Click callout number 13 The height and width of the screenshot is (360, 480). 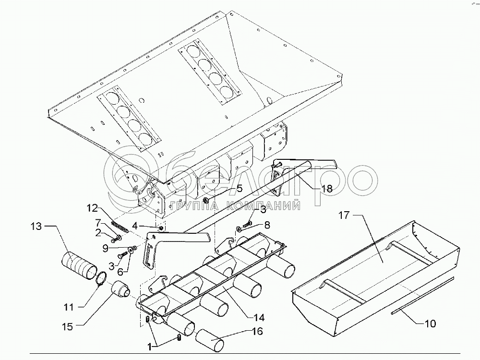pos(37,225)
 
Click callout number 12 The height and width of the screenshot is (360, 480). pos(92,208)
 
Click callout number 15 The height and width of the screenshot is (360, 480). pos(67,327)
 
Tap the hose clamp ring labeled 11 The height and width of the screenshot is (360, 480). pos(101,279)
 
